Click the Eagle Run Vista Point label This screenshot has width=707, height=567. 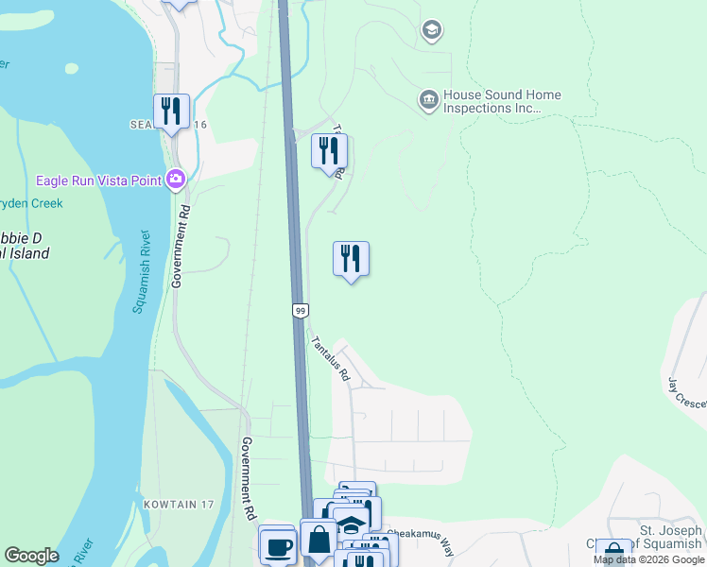click(x=97, y=180)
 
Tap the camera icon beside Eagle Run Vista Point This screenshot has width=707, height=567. click(x=175, y=180)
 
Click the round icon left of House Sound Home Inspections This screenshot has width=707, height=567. click(x=428, y=99)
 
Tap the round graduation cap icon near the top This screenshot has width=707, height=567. click(x=432, y=31)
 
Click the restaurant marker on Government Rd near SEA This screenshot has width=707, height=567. click(x=171, y=112)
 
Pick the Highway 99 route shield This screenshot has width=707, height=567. click(x=300, y=310)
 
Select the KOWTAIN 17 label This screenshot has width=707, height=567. click(x=179, y=505)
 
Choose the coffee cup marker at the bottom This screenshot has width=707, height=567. click(x=277, y=546)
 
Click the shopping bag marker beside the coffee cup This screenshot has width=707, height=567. click(x=319, y=541)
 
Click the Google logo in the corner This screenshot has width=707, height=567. click(x=31, y=556)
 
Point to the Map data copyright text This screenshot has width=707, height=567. click(x=648, y=559)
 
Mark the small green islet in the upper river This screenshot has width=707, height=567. click(x=71, y=68)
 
